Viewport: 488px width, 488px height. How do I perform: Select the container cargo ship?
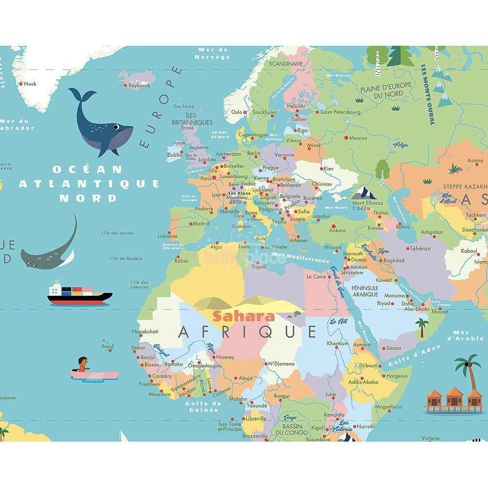pyautogui.click(x=80, y=294)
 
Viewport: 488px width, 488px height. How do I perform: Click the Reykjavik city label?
pyautogui.click(x=140, y=85)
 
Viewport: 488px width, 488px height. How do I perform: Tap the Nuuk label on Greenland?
pyautogui.click(x=30, y=84)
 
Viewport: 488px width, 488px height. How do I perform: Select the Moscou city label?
pyautogui.click(x=358, y=138)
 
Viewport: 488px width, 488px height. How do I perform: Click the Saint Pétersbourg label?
pyautogui.click(x=340, y=112)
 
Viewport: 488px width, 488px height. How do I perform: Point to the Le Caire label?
pyautogui.click(x=316, y=277)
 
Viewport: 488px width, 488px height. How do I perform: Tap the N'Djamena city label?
pyautogui.click(x=281, y=364)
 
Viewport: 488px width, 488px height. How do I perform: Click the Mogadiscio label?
pyautogui.click(x=388, y=407)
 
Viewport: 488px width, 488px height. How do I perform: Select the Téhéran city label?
pyautogui.click(x=420, y=248)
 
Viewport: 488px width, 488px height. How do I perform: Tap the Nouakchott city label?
pyautogui.click(x=145, y=332)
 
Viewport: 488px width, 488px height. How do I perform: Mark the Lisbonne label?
pyautogui.click(x=167, y=236)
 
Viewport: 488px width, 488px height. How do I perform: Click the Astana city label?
pyautogui.click(x=475, y=161)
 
